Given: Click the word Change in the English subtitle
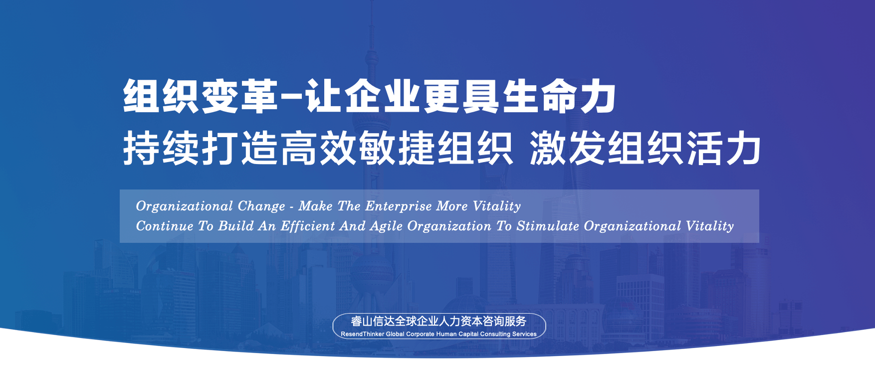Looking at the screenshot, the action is pos(261,206).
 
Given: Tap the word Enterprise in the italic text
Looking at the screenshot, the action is pos(399,206).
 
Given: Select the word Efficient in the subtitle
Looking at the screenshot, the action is pos(308,226).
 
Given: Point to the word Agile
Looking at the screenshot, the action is pos(386,226).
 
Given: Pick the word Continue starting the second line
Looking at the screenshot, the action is pos(165,226).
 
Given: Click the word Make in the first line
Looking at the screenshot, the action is pos(315,206).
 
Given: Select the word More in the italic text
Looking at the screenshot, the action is pos(452,206).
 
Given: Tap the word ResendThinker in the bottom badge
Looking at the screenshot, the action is pos(363,334).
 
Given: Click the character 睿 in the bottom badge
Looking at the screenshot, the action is pos(357,322).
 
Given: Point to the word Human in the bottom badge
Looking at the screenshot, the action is pos(446,334).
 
